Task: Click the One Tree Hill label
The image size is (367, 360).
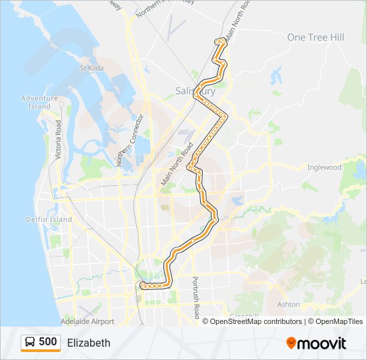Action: [316, 37]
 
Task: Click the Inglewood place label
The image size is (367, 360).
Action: [324, 167]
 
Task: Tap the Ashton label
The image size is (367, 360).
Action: [288, 304]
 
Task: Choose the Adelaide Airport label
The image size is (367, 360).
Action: [87, 321]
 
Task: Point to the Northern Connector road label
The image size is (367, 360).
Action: [129, 141]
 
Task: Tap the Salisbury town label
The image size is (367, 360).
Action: [194, 90]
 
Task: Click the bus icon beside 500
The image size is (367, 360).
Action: [30, 343]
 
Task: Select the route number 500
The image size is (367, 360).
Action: [47, 343]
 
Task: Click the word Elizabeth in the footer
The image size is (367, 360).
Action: [89, 343]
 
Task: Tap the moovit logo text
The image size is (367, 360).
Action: [322, 343]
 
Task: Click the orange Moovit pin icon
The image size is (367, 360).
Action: [292, 343]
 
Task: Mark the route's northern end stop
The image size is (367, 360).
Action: [218, 41]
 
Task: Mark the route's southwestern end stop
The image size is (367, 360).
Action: [142, 286]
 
